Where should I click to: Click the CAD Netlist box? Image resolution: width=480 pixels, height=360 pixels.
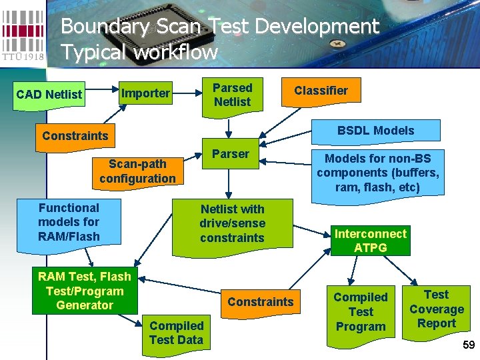[49, 94]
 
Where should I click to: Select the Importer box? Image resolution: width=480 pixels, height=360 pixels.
[145, 93]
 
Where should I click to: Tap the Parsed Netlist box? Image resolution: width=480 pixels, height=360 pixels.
[232, 95]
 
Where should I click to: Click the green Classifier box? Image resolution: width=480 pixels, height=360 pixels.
[321, 91]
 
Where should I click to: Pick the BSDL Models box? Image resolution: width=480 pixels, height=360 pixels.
[375, 131]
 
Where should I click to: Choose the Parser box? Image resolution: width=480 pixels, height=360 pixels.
[230, 154]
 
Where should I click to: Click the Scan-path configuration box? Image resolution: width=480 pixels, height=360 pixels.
[137, 171]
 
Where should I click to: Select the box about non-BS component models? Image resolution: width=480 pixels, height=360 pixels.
[377, 173]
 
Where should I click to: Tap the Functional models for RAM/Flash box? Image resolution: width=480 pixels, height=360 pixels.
[69, 222]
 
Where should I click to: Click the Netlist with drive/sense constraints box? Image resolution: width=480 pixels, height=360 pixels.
[232, 223]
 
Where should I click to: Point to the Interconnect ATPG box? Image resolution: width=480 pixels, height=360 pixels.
[370, 241]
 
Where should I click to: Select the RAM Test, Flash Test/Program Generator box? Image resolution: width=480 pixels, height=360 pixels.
[85, 291]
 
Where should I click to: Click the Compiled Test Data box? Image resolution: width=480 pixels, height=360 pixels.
[176, 332]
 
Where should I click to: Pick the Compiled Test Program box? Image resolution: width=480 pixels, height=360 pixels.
[360, 311]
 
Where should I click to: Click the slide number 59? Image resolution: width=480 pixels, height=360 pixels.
[468, 345]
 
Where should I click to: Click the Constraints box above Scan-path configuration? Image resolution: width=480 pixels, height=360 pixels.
[75, 136]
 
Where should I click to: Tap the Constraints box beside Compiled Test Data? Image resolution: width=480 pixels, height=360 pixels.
[260, 301]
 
